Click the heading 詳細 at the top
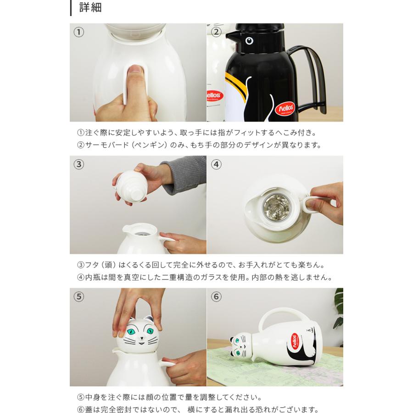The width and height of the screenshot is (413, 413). coord(90,7)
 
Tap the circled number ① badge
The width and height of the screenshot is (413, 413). coord(79,32)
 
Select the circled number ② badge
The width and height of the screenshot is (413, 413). coord(216,32)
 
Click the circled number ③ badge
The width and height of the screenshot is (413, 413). coord(79,164)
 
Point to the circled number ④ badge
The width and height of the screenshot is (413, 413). coord(216,164)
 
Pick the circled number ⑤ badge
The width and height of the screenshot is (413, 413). coord(79,296)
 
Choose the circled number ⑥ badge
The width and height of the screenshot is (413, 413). coord(216,296)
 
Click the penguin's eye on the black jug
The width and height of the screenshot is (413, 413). coord(249,41)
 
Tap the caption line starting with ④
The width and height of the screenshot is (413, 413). coord(205,277)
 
